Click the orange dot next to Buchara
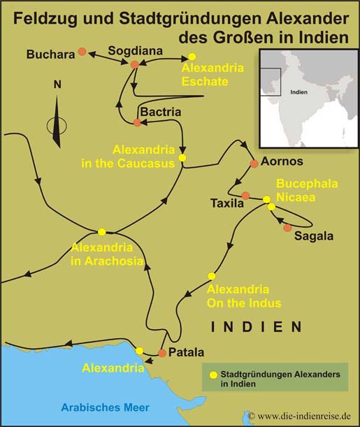click(82, 52)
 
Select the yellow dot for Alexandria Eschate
click(192, 57)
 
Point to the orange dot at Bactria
click(137, 123)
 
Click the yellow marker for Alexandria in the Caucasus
click(182, 158)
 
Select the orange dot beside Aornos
click(254, 164)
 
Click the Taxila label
click(226, 204)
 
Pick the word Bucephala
click(307, 184)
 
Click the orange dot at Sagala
click(287, 228)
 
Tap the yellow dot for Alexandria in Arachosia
click(102, 231)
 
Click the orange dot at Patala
click(162, 353)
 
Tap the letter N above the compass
click(57, 85)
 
